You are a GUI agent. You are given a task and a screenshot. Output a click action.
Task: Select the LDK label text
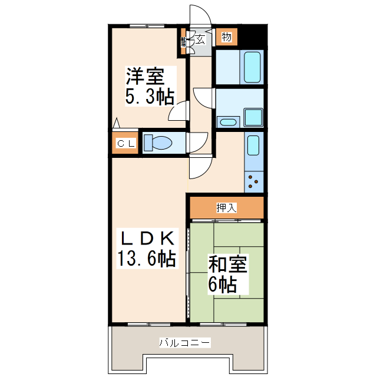coord(147,239)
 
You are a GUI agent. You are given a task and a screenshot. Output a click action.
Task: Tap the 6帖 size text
coord(222,285)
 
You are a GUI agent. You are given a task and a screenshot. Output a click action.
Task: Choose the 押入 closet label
coord(226,207)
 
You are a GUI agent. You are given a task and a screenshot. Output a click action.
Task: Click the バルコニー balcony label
coord(184,342)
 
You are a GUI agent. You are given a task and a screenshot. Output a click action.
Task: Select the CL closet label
coord(125,143)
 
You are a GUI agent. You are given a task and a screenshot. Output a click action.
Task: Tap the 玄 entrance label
coord(200,39)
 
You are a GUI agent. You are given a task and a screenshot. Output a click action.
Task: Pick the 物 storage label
coord(226,37)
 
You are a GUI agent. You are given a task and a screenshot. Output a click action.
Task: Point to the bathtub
coord(252,68)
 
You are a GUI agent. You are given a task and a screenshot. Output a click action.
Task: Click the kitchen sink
coord(253,145)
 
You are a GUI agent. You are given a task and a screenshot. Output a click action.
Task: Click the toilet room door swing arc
coord(199,143)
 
